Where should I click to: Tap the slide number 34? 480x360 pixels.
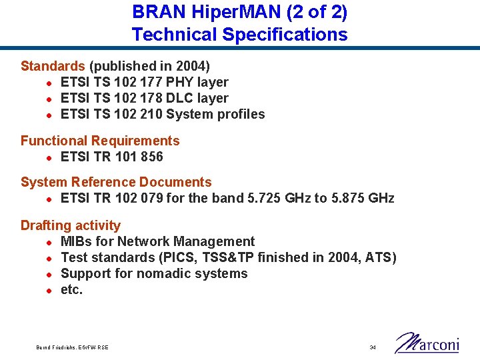[373, 347]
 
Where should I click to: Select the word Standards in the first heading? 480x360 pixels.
[53, 66]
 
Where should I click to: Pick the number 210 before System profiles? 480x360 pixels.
[151, 114]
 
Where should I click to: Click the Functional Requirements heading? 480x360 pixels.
[100, 141]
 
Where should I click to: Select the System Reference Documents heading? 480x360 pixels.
[116, 182]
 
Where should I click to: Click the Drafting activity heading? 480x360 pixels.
[71, 225]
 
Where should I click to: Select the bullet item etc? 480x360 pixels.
[72, 289]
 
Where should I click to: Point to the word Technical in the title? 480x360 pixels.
[174, 34]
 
